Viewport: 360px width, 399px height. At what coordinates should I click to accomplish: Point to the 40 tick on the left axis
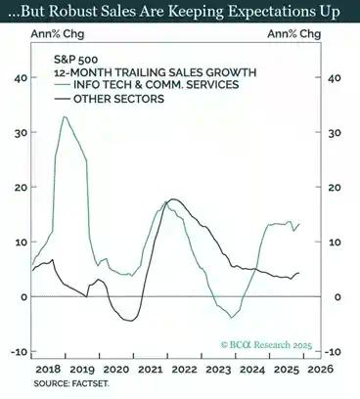(x=20, y=78)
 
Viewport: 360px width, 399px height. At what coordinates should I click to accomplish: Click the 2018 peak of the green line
(x=65, y=117)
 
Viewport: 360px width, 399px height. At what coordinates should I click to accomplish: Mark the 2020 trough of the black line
(x=127, y=320)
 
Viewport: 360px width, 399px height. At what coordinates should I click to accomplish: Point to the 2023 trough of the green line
(x=232, y=317)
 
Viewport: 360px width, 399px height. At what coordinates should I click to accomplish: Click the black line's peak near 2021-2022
(x=173, y=199)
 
